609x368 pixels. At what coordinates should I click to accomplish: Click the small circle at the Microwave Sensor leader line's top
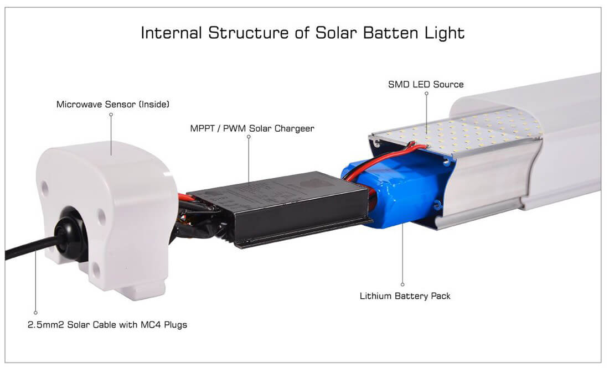[111, 115]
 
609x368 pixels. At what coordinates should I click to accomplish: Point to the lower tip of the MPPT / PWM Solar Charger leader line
[249, 183]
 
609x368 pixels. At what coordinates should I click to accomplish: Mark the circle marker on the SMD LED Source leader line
[426, 94]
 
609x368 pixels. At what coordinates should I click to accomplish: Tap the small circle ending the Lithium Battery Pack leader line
[402, 284]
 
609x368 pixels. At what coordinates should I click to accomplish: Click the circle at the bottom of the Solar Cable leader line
[36, 313]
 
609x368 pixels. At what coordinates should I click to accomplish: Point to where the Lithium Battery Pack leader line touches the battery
[402, 223]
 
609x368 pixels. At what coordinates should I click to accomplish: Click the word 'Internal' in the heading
[171, 33]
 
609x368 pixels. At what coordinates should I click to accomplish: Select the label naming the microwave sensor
[112, 104]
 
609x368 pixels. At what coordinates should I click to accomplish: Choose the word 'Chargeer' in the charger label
[295, 128]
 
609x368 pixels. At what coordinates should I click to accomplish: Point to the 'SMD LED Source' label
[426, 84]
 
